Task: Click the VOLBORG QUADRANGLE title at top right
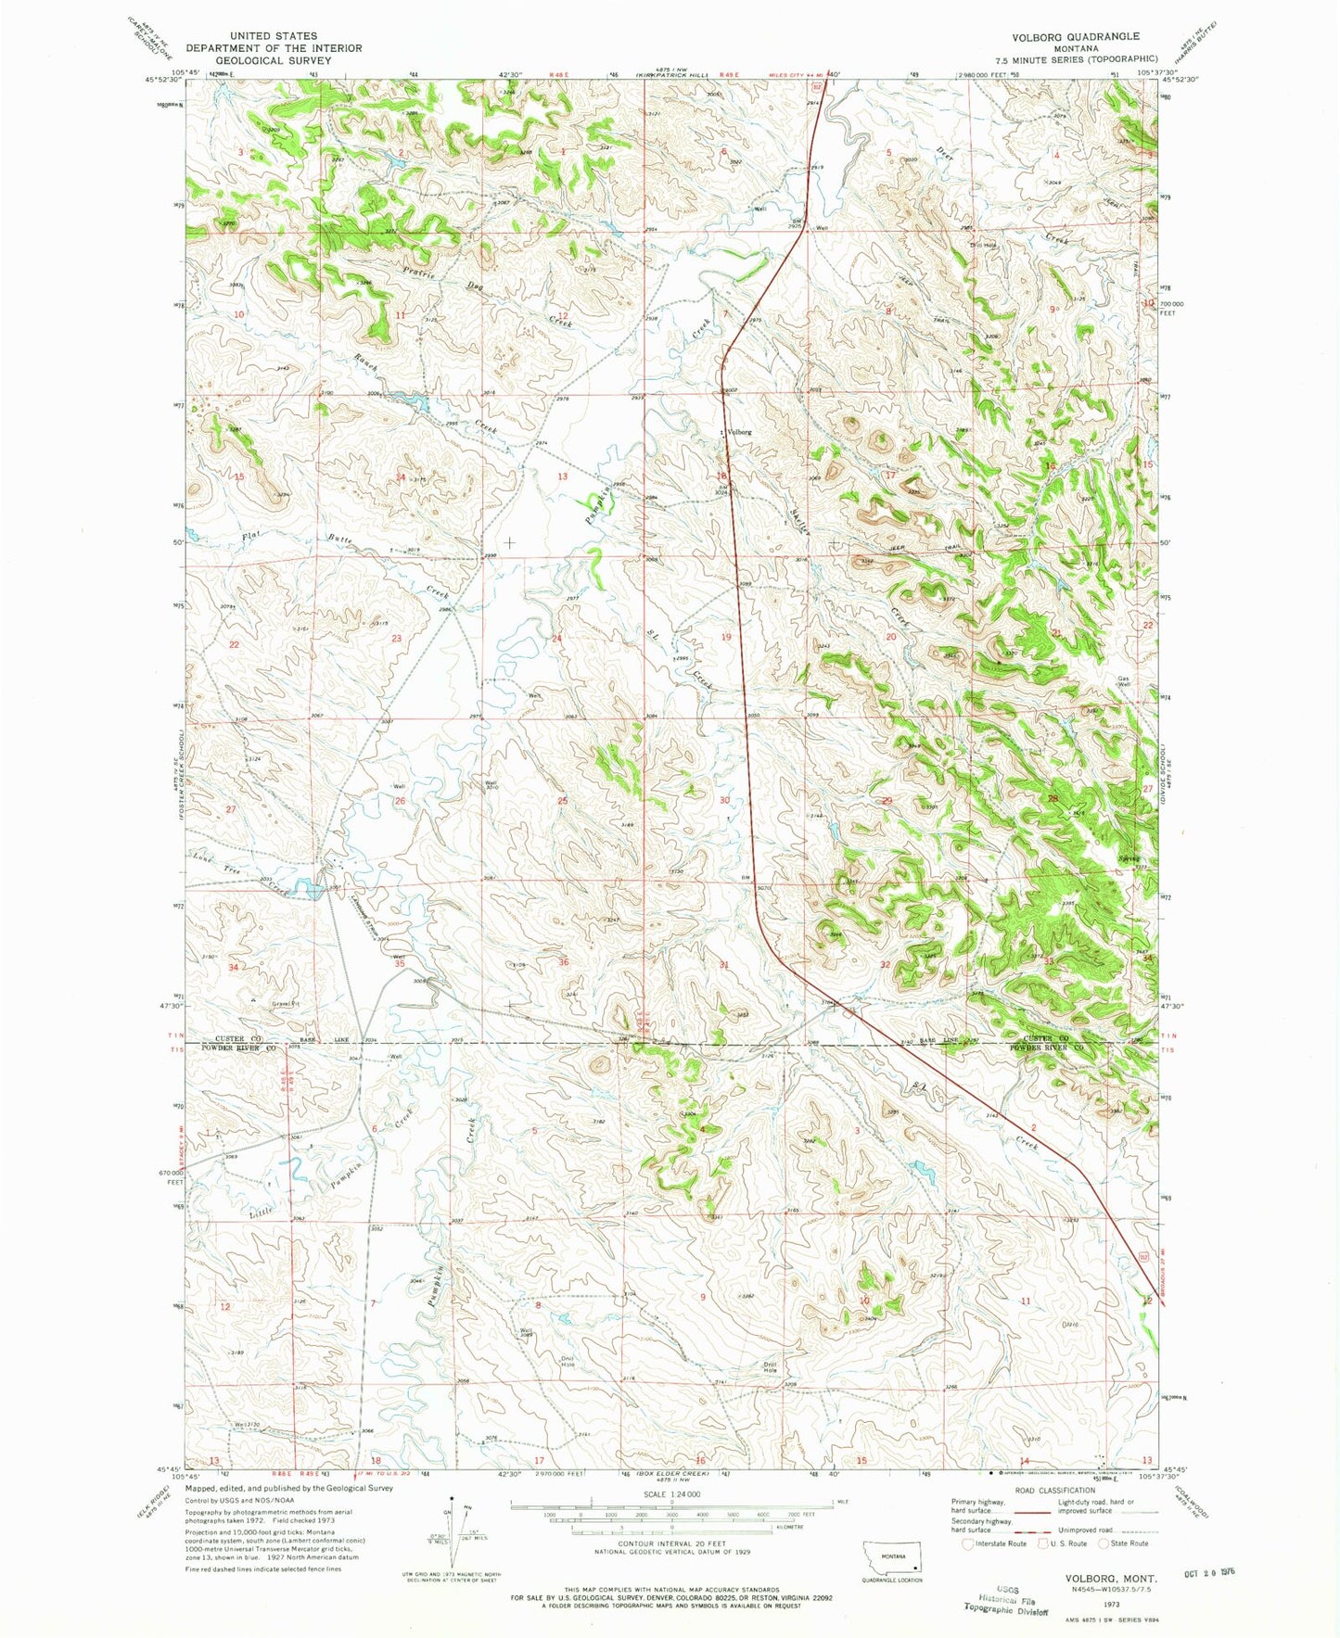1064,36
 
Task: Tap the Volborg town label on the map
739,432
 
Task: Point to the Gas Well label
1129,681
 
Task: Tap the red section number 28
1052,798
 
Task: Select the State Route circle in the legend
1104,1543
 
